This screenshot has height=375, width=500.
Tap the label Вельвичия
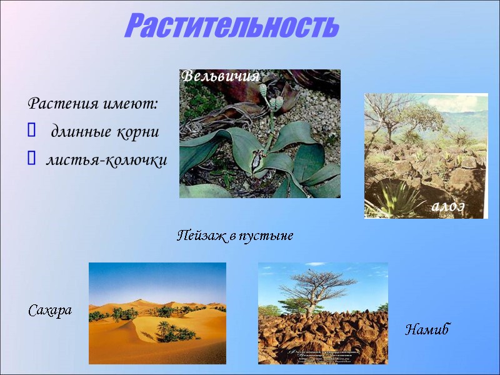pos(220,77)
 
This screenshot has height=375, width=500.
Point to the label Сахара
pos(50,310)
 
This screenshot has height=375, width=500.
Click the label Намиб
pos(427,329)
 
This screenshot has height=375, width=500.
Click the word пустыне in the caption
pos(268,236)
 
